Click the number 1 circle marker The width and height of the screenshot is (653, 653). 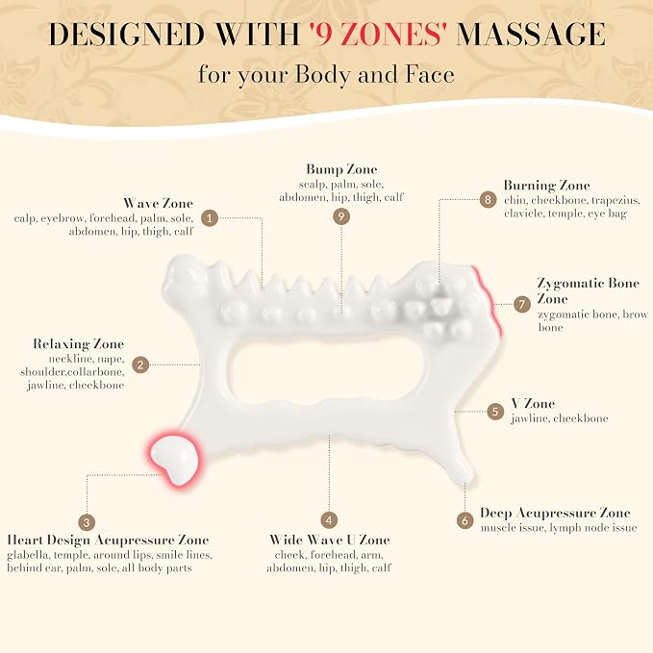tap(210, 217)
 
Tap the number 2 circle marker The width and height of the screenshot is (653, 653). tap(140, 364)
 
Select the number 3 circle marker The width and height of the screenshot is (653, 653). tap(87, 522)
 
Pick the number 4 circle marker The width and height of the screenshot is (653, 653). tap(329, 519)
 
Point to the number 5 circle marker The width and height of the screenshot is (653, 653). tap(495, 412)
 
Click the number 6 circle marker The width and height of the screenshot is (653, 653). tap(465, 520)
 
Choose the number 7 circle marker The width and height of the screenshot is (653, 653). tap(522, 304)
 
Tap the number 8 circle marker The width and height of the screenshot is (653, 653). tap(489, 199)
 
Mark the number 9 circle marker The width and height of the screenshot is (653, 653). tap(341, 216)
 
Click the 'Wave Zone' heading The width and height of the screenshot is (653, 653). tap(159, 203)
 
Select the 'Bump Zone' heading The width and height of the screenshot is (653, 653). tap(341, 169)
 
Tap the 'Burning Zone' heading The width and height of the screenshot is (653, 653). tap(547, 186)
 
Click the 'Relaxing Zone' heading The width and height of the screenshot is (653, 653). tap(78, 344)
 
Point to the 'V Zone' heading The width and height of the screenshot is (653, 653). tap(533, 404)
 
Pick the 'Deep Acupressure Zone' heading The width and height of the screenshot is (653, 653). tap(555, 514)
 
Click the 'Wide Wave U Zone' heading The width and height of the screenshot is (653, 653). tap(330, 540)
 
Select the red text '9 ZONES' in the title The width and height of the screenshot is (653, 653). tap(378, 35)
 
